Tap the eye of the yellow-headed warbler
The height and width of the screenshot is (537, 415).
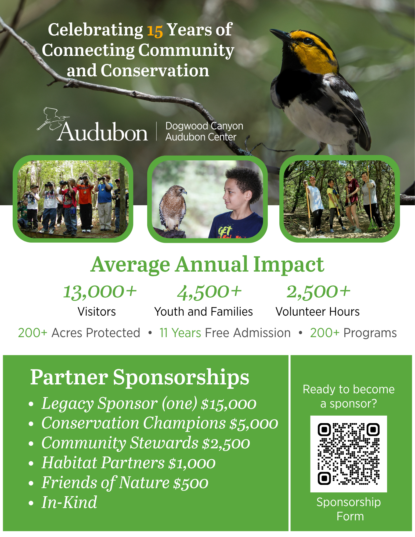point(308,41)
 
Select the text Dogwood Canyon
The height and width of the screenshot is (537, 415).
point(204,126)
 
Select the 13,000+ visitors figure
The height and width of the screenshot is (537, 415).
point(100,292)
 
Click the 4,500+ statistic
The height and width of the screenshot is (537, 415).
point(209,292)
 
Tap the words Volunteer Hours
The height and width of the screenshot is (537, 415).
point(317,312)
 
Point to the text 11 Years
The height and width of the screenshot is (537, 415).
point(180,333)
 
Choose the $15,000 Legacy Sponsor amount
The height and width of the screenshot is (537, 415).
point(229,404)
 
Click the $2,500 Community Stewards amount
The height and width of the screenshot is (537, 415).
point(226,443)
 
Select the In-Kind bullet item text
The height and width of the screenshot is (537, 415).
point(69,502)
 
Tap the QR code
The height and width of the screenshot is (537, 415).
point(349,454)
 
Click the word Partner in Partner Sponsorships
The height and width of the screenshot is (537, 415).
point(69,377)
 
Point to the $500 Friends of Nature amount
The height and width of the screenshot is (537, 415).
point(191,483)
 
